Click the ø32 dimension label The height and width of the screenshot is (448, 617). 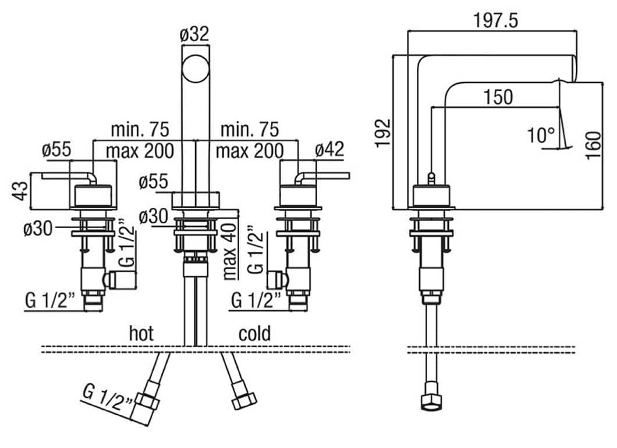point(194,34)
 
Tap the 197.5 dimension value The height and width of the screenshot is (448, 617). point(495,20)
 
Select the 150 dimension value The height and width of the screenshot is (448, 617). point(498,97)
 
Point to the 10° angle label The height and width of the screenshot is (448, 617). point(541,136)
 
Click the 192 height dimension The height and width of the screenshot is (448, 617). point(383,133)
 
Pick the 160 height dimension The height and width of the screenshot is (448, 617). point(593,145)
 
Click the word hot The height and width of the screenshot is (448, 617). point(141,333)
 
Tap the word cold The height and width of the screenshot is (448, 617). point(254,333)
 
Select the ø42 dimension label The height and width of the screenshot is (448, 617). point(330,150)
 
